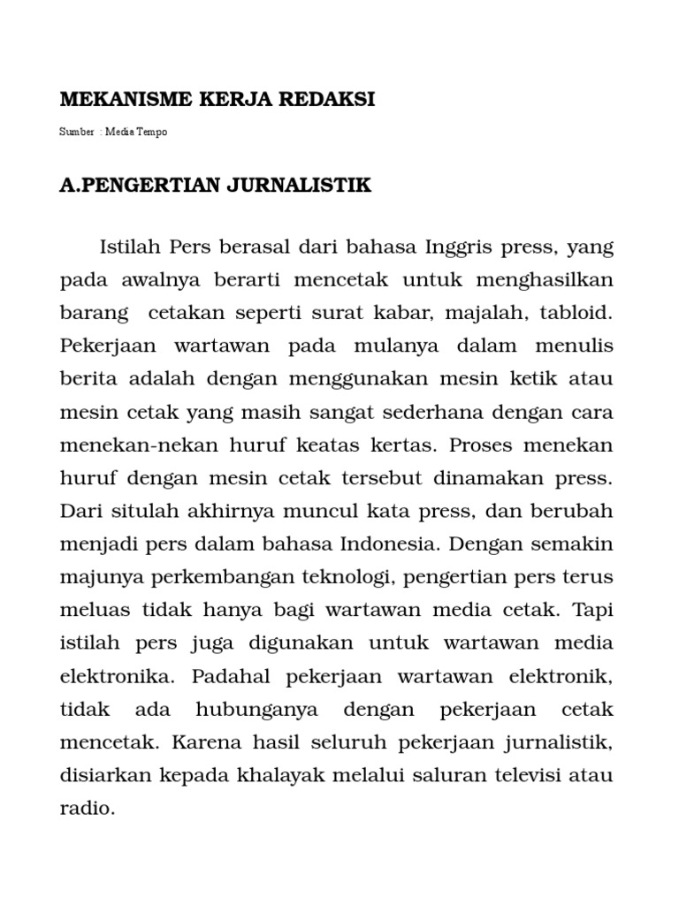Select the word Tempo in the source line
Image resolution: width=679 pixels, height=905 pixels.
pyautogui.click(x=152, y=132)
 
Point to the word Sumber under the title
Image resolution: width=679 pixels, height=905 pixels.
pyautogui.click(x=76, y=132)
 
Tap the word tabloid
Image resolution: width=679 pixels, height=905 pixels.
pyautogui.click(x=576, y=312)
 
